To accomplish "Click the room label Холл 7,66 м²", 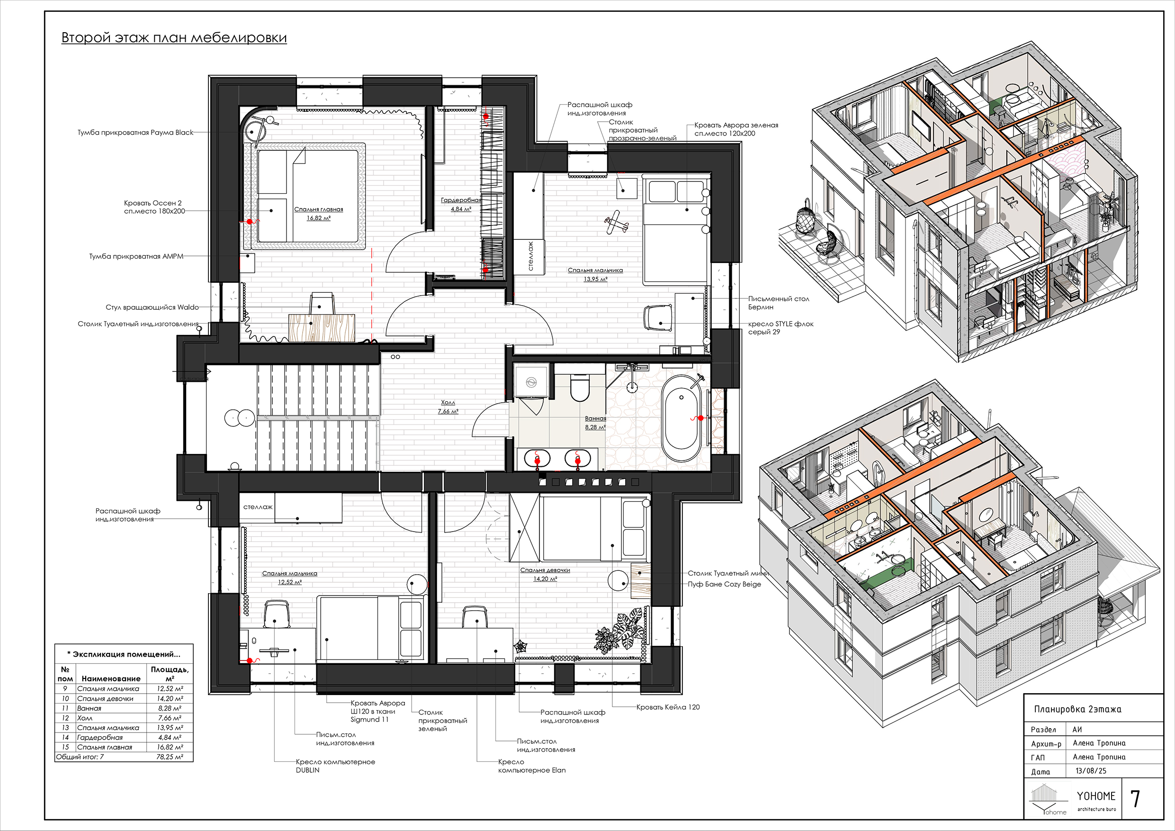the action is pyautogui.click(x=448, y=407).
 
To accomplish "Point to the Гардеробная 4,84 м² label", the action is pyautogui.click(x=461, y=204).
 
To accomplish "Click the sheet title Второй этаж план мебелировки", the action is pyautogui.click(x=174, y=37).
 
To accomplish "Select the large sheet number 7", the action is pyautogui.click(x=1135, y=798).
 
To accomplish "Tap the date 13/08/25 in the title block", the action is pyautogui.click(x=1091, y=770).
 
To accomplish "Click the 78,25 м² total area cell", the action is pyautogui.click(x=170, y=757).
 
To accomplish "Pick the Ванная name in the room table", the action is pyautogui.click(x=89, y=708).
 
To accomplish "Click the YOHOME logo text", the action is pyautogui.click(x=1096, y=795).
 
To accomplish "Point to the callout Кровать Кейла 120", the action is pyautogui.click(x=668, y=707).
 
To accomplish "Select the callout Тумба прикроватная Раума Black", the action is pyautogui.click(x=135, y=132).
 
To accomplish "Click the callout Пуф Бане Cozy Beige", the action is pyautogui.click(x=724, y=584).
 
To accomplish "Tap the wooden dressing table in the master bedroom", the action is pyautogui.click(x=322, y=328).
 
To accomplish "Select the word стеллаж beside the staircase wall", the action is pyautogui.click(x=258, y=507).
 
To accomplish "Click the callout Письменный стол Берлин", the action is pyautogui.click(x=779, y=303).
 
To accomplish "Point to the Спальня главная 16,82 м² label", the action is pyautogui.click(x=318, y=214).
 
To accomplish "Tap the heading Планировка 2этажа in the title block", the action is pyautogui.click(x=1078, y=709).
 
